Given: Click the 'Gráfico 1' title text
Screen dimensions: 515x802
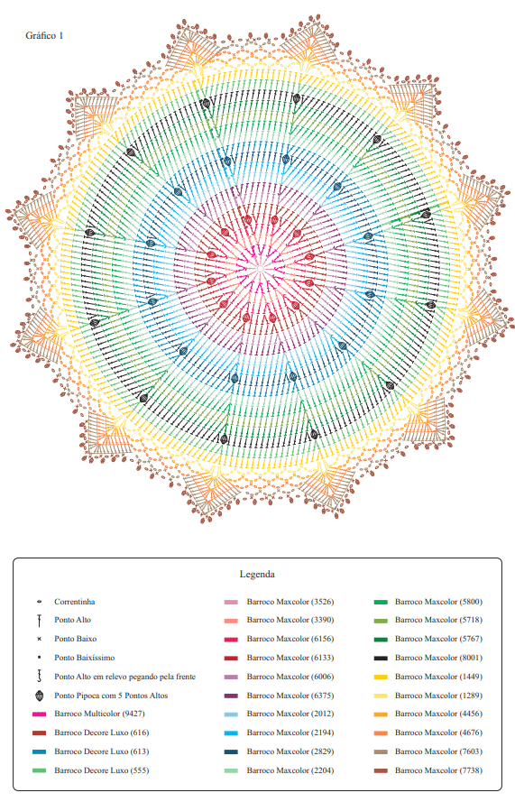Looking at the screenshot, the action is pos(44,35).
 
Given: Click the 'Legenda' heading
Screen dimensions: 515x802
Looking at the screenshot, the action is pos(257,574).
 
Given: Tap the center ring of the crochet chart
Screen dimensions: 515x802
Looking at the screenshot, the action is pos(260,269).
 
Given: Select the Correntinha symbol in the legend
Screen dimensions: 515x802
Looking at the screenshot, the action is pos(39,602).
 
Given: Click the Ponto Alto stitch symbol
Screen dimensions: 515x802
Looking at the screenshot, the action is pos(39,621).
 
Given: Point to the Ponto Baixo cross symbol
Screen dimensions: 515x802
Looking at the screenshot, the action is pos(39,639).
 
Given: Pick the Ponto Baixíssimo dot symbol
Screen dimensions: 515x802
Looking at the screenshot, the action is pos(39,658).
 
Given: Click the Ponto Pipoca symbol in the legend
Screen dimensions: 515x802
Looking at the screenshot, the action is pos(39,696).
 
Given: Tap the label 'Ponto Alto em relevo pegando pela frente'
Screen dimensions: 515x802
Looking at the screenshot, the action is pos(124,677).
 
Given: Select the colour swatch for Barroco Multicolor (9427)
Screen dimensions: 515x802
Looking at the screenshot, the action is pos(39,714).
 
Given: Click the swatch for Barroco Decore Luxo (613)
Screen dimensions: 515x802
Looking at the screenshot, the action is pos(39,751).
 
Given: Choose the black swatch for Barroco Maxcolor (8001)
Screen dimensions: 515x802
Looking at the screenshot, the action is pos(381,658).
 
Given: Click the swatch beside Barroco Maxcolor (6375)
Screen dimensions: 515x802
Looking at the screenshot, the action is pos(231,696).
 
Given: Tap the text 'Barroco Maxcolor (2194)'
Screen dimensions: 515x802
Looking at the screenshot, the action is pos(290,733).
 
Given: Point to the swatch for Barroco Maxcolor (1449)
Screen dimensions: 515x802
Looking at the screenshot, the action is pos(381,677).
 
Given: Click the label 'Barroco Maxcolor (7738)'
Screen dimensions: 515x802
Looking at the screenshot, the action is pos(438,770).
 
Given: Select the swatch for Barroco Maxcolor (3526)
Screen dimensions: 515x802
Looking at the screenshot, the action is pos(231,602).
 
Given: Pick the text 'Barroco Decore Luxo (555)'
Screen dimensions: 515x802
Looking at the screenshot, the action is pos(102,770).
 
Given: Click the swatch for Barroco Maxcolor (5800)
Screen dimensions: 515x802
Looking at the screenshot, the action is pos(381,602).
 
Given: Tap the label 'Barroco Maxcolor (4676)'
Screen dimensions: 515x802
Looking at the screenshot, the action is pos(438,733).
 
